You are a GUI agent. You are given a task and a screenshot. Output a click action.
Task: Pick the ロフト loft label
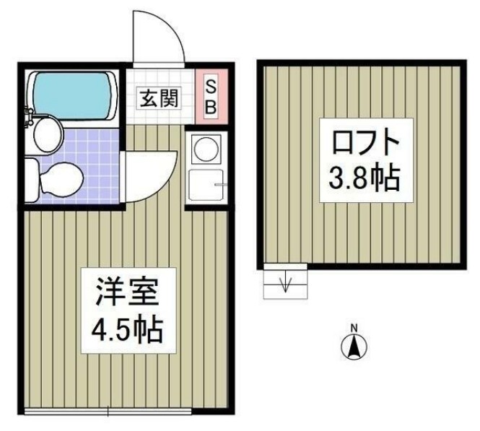coord(365,141)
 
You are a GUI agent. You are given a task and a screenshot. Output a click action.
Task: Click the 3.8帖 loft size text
coord(366,178)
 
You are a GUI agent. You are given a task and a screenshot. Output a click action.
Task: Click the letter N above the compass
coord(354,330)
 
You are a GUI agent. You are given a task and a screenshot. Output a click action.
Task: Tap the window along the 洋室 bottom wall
coord(108,412)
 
